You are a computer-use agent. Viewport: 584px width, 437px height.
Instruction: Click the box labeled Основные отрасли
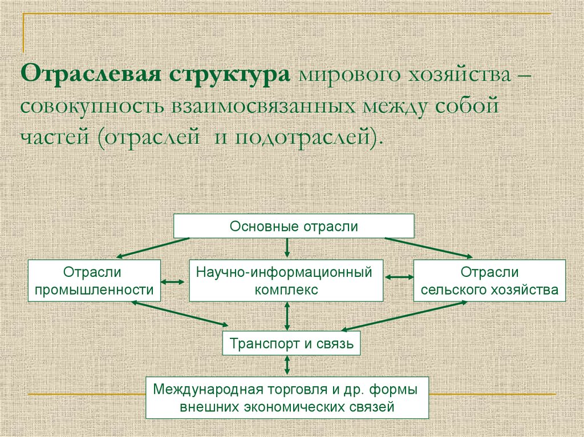pyautogui.click(x=294, y=226)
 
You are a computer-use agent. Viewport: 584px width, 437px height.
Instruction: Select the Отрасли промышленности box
pyautogui.click(x=94, y=281)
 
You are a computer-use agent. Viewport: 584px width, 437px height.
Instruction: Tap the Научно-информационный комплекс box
pyautogui.click(x=286, y=281)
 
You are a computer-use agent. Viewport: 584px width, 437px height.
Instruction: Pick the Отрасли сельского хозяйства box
pyautogui.click(x=489, y=281)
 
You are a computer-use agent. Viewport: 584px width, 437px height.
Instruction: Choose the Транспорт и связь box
pyautogui.click(x=291, y=344)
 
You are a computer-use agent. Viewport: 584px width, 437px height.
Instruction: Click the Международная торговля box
pyautogui.click(x=287, y=398)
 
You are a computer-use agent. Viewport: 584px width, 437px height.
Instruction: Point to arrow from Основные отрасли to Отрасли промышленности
pyautogui.click(x=153, y=247)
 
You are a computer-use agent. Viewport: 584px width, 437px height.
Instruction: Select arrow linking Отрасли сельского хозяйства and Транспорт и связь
pyautogui.click(x=404, y=315)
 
